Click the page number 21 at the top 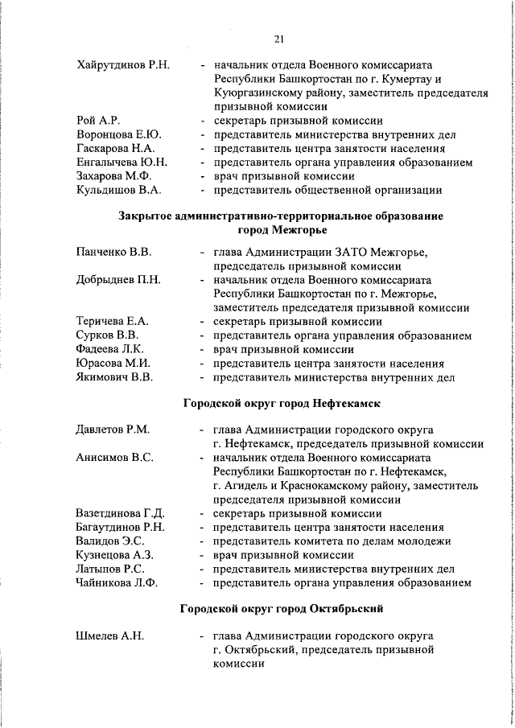coord(279,38)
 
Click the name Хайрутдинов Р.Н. coord(122,64)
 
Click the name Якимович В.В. coord(113,377)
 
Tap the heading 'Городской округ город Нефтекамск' coord(281,402)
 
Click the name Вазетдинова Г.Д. coord(120,513)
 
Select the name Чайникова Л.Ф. coord(117,583)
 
